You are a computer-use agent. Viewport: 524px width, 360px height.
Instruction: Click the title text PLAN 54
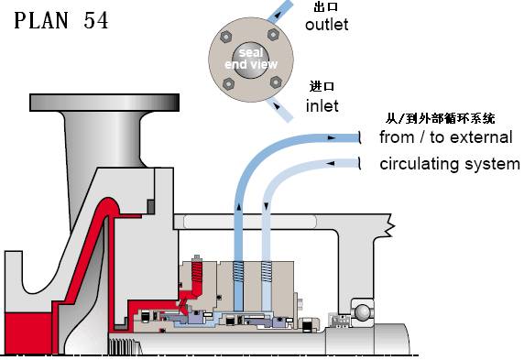tap(61, 20)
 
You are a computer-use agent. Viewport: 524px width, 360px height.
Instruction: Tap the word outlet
tap(326, 25)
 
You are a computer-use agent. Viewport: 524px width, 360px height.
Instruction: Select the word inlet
tap(322, 105)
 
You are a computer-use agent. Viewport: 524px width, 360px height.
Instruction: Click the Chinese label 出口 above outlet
tap(326, 6)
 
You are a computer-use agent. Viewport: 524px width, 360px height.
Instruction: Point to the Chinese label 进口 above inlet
tap(322, 86)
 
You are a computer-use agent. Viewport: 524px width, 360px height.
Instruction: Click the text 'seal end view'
tap(251, 58)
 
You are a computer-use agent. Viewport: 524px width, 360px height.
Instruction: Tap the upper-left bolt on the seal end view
tap(226, 37)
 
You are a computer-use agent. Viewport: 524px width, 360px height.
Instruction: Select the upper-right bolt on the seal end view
tap(273, 34)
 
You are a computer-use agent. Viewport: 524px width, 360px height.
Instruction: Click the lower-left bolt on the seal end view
tap(229, 83)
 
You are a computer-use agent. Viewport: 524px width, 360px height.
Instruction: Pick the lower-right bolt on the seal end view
tap(276, 82)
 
